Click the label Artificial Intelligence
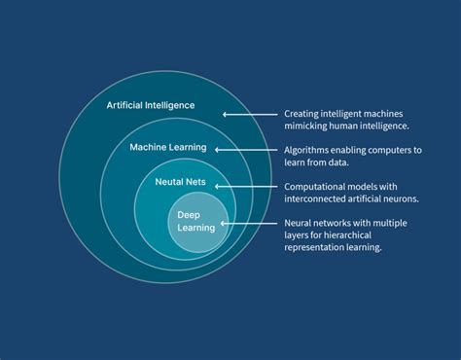click(x=151, y=105)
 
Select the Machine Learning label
click(x=168, y=147)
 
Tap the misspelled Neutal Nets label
click(x=184, y=182)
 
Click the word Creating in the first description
click(x=301, y=113)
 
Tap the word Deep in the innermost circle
click(x=189, y=214)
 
